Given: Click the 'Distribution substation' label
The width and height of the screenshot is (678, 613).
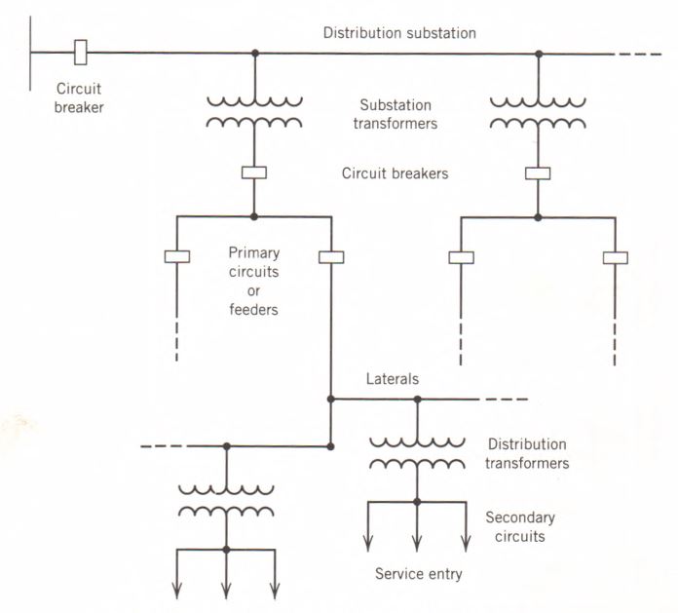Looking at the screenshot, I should coord(399,33).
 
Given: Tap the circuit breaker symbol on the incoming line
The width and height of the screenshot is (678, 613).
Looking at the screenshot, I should coord(83,51).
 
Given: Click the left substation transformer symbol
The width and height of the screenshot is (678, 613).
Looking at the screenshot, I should coord(254,113).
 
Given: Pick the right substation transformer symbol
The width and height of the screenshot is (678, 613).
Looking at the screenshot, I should coord(538,113).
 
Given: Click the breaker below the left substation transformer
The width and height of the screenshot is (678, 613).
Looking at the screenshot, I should coord(254,172).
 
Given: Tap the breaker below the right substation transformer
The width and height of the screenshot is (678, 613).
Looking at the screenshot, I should coord(538,173).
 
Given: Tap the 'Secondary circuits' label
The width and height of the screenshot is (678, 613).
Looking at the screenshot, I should coord(521,527).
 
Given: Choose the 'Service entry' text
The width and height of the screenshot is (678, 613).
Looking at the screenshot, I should coord(418,574).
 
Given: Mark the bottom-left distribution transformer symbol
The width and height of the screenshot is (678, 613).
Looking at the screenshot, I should coord(226,498).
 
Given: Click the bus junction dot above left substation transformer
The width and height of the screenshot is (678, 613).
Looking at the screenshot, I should coord(254,53).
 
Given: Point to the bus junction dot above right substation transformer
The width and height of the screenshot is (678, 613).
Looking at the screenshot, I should coord(538,53).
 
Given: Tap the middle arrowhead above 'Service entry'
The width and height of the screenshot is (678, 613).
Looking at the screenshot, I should coord(417,544).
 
